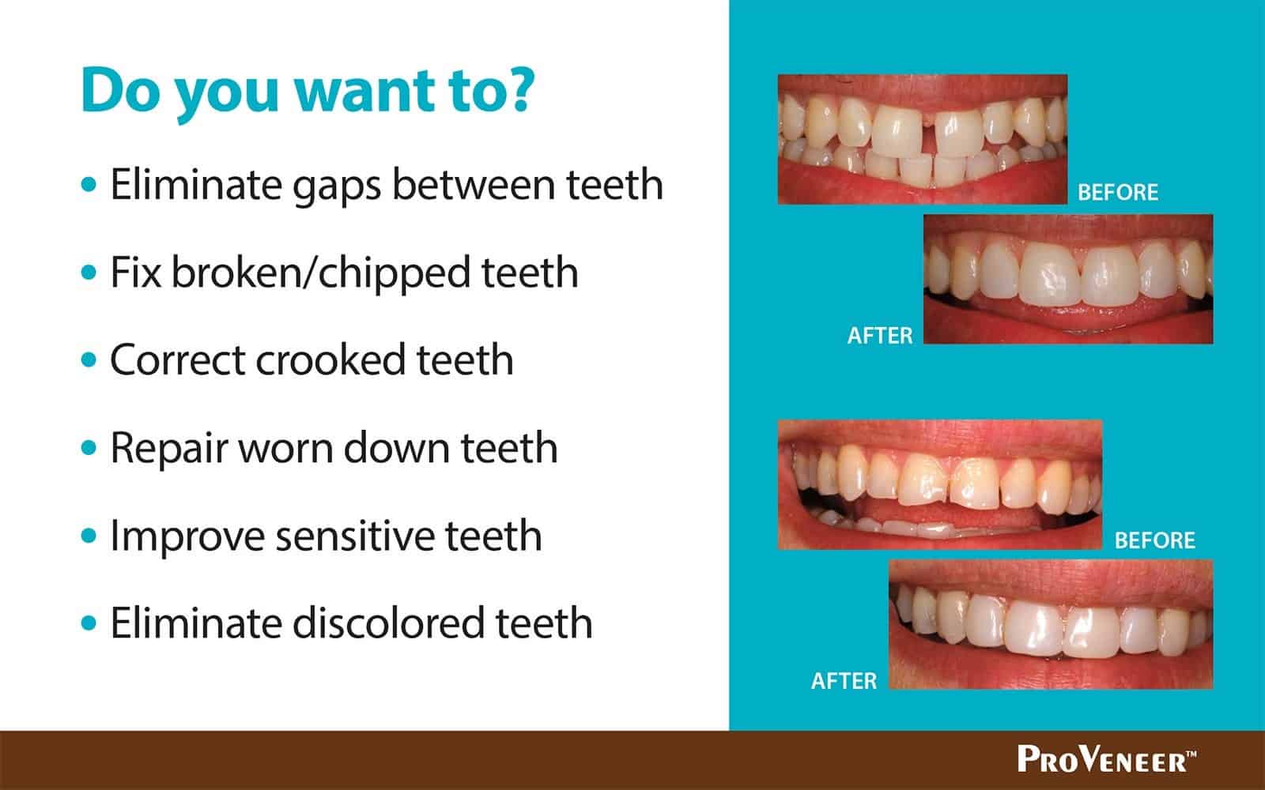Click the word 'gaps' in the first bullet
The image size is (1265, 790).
click(x=336, y=186)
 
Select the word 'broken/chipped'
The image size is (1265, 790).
click(x=320, y=273)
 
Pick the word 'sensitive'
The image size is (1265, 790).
click(x=355, y=536)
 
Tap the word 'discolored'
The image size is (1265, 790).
click(x=388, y=623)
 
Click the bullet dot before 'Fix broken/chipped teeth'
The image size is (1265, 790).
click(x=89, y=273)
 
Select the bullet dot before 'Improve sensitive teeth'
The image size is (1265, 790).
click(x=89, y=535)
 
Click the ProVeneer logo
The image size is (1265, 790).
click(x=1107, y=759)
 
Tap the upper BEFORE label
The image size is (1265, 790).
click(x=1118, y=193)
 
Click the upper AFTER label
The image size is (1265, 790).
click(x=880, y=336)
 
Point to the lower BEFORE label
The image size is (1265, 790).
click(x=1155, y=540)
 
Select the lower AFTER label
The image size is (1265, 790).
click(x=844, y=681)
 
